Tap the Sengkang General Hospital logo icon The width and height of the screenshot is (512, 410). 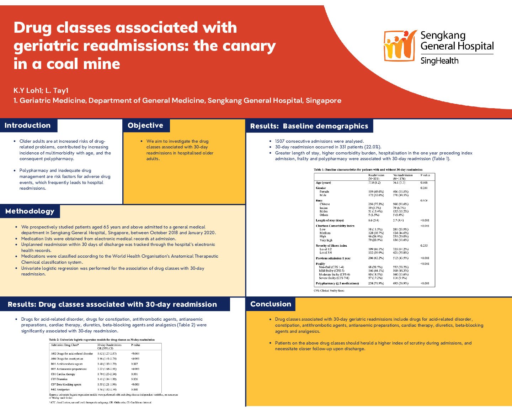pos(400,46)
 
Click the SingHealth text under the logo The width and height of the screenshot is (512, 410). pos(439,61)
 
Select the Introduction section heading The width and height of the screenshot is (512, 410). pos(28,125)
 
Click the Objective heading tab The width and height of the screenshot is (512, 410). pos(145,125)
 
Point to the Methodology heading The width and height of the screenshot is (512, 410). pos(30,211)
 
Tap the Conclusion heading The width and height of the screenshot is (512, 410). pos(271,304)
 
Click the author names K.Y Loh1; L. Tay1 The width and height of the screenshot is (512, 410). pos(41,91)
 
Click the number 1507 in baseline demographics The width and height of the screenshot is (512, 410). pos(280,141)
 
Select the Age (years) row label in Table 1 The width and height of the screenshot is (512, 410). pos(323,183)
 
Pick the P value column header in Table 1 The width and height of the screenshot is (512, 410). pos(425,175)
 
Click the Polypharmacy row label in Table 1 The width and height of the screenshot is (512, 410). pos(337,283)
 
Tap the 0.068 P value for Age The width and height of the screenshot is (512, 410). pos(424,183)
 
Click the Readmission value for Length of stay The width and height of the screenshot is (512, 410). pos(373,220)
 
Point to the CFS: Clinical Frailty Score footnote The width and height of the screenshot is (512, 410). pos(329,290)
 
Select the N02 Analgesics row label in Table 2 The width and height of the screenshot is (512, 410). pos(60,389)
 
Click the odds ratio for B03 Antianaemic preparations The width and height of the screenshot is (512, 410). pos(107,369)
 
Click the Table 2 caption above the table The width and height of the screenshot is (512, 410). pos(102,340)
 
